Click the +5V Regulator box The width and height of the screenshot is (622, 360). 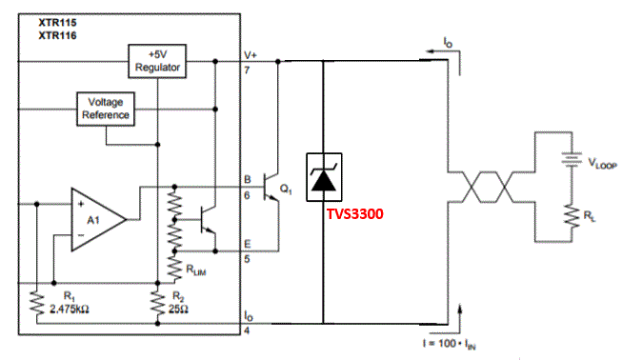[157, 61]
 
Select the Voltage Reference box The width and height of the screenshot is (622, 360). [107, 108]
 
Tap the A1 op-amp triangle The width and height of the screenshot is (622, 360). [96, 219]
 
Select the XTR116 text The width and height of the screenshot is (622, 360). [56, 35]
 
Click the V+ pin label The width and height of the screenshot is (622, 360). [251, 55]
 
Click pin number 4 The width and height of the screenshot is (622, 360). [247, 332]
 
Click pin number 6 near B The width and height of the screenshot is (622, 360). [247, 194]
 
